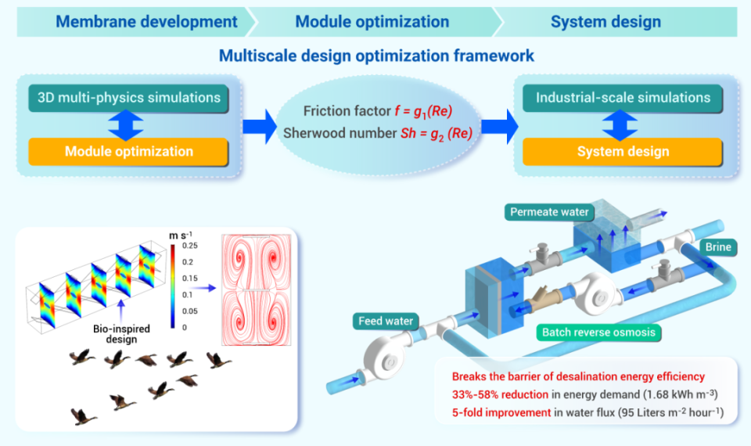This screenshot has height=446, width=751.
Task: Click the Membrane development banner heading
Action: click(x=146, y=22)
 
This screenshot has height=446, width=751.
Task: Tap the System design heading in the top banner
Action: click(x=605, y=22)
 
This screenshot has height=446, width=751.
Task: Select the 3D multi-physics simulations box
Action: click(x=128, y=99)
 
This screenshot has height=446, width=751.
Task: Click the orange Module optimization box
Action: click(x=128, y=151)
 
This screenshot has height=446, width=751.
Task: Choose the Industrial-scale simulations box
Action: click(x=623, y=99)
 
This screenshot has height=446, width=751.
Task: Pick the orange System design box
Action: click(x=623, y=151)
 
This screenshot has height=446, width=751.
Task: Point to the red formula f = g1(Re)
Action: click(x=423, y=112)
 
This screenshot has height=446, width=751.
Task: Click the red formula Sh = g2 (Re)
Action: click(x=437, y=134)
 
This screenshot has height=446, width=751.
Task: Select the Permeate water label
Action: click(x=549, y=212)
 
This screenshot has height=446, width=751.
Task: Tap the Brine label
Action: click(x=718, y=246)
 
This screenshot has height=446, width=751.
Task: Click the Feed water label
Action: click(x=386, y=321)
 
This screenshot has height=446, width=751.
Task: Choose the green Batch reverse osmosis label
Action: click(x=598, y=333)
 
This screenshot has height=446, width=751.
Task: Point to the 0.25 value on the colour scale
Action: click(x=189, y=246)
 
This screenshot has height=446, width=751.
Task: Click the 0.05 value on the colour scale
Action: click(x=189, y=311)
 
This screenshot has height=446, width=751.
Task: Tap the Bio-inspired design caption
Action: click(x=121, y=334)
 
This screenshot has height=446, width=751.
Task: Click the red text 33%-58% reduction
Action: click(x=500, y=394)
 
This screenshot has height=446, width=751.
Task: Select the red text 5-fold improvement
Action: click(x=501, y=412)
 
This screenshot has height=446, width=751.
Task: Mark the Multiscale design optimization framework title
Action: click(x=376, y=56)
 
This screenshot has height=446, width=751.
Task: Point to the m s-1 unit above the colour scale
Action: click(x=181, y=236)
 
